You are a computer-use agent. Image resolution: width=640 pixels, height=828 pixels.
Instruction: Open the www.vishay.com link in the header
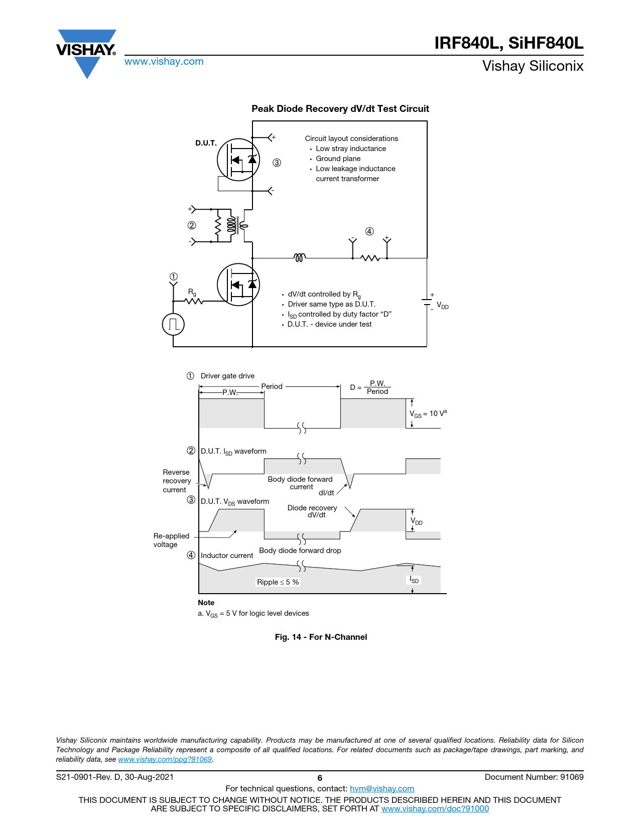(x=164, y=62)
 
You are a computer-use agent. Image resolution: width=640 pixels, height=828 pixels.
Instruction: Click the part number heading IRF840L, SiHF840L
(x=508, y=43)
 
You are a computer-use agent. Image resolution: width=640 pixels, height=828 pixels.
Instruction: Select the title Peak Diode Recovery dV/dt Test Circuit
(x=340, y=109)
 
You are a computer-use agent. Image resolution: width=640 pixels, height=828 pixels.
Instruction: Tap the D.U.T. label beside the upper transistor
(x=206, y=143)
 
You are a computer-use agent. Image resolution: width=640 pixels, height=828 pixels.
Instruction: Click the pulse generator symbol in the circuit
(x=173, y=324)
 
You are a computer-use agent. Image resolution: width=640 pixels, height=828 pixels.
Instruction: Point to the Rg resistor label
(x=192, y=292)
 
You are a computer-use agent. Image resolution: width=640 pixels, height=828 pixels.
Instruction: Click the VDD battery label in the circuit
(x=442, y=306)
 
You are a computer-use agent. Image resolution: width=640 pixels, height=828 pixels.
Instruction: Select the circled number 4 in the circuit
(x=369, y=231)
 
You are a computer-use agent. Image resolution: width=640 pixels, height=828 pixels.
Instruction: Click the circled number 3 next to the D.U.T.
(x=277, y=163)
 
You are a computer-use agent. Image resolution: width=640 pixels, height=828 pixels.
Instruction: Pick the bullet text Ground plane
(x=338, y=159)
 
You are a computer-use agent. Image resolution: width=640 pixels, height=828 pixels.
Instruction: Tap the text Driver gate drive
(x=227, y=376)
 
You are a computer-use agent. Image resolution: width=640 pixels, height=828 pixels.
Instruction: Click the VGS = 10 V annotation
(x=428, y=414)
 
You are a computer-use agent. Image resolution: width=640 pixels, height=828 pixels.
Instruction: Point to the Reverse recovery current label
(x=177, y=481)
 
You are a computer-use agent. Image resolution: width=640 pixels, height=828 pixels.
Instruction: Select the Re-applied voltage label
(x=171, y=540)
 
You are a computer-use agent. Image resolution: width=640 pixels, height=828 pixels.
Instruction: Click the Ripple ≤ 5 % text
(x=278, y=582)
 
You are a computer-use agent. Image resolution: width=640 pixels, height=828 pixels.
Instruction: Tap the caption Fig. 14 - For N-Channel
(x=321, y=637)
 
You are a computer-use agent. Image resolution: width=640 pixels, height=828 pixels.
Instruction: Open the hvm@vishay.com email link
(x=381, y=789)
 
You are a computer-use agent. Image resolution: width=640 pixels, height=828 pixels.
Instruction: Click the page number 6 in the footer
(x=320, y=778)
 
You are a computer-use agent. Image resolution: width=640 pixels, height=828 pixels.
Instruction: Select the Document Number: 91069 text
(x=534, y=777)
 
